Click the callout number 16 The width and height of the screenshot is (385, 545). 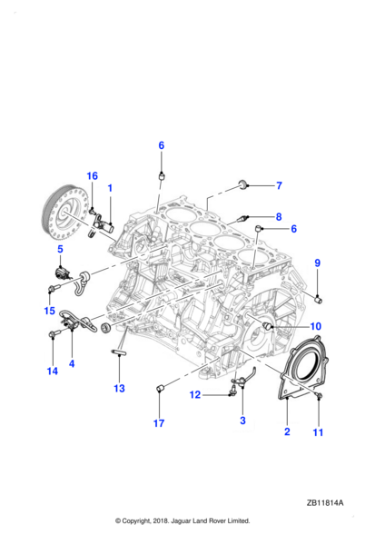pos(93,176)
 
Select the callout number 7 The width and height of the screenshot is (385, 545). pos(279,185)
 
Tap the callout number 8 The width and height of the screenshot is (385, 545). pos(279,217)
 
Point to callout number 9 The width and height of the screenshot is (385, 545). pos(317,263)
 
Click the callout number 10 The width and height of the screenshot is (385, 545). pos(315,326)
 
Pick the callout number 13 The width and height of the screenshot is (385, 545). pos(119,388)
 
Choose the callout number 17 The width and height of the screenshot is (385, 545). pos(159,423)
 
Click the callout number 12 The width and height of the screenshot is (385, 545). pos(195,395)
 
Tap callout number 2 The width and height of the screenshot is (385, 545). pos(287,431)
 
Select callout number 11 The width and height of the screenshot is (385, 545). pos(319,432)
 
